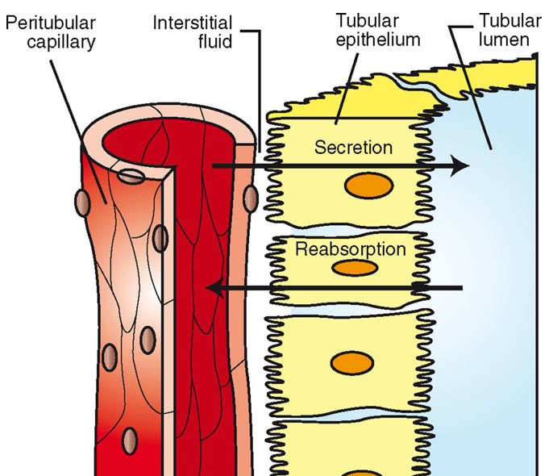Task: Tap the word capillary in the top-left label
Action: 50,39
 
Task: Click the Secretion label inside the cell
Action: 354,148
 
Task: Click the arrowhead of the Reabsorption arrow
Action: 213,287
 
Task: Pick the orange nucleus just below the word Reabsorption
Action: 352,267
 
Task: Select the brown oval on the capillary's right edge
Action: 250,196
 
